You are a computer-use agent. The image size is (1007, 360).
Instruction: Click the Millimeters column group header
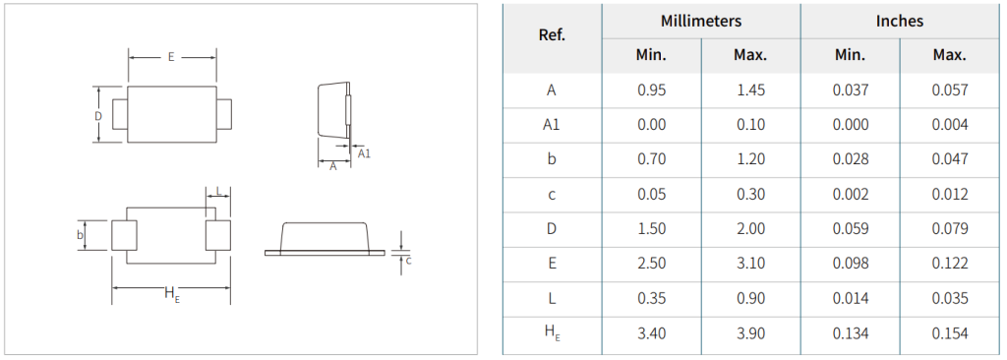point(700,22)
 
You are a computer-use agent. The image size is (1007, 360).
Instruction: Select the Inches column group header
point(899,22)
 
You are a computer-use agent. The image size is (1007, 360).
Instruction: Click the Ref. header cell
point(552,35)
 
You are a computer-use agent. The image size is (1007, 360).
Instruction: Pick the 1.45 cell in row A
point(750,90)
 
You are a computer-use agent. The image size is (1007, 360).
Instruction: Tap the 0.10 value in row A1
point(750,125)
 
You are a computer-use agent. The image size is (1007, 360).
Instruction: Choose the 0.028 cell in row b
point(851,159)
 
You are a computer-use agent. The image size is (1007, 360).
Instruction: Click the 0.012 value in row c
point(950,194)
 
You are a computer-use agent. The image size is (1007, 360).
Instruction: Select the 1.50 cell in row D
point(651,229)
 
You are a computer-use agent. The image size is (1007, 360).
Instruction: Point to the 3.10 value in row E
point(750,264)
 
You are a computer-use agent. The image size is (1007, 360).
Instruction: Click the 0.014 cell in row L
point(851,298)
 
